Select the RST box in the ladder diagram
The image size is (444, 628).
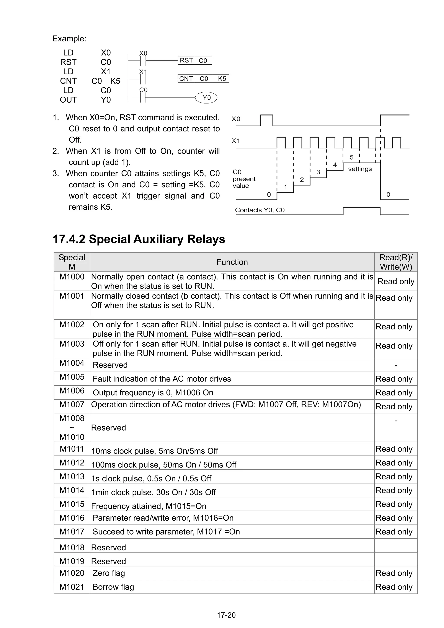pos(186,60)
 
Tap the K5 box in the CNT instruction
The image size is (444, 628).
pos(222,79)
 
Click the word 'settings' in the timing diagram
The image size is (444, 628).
pos(360,169)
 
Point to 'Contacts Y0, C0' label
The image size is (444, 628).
pos(260,210)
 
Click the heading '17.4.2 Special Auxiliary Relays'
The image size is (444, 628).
pos(139,239)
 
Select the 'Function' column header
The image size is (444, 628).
pos(232,262)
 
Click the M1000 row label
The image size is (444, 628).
pos(72,277)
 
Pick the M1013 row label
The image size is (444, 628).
pos(72,476)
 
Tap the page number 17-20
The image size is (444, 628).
pos(226,615)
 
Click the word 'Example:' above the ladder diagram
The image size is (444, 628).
pos(69,39)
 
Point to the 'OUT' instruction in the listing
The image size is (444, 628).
pos(68,100)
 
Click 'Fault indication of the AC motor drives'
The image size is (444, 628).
pos(162,379)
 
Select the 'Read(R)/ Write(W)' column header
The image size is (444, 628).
pos(396,262)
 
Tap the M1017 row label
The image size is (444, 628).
pos(72,532)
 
